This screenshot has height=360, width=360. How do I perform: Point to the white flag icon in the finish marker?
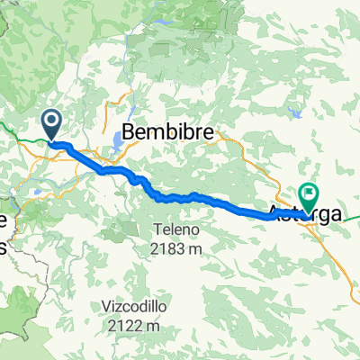[310, 193]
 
